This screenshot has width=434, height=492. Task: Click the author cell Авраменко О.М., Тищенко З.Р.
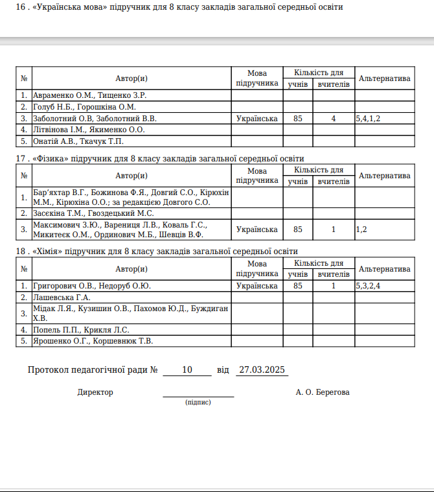point(89,95)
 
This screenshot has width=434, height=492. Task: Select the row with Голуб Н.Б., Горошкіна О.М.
point(84,107)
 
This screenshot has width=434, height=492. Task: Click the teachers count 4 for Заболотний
point(334,119)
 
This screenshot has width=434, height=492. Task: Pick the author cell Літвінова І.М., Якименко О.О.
point(89,130)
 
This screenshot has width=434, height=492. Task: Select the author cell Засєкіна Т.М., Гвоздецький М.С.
point(93,213)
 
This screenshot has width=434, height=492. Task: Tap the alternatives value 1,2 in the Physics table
point(361,229)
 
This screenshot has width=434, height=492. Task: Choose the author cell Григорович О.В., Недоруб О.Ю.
point(92,285)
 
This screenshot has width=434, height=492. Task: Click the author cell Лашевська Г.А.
point(62,297)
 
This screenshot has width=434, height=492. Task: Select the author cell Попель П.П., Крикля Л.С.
point(81,329)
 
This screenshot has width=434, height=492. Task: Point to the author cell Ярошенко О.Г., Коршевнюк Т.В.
point(93,340)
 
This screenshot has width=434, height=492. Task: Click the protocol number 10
point(187,370)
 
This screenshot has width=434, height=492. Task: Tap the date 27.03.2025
point(262,370)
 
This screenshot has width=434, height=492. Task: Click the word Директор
point(95,392)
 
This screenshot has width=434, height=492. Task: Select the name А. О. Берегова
point(322,392)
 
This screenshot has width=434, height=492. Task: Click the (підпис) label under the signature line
point(198,403)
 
